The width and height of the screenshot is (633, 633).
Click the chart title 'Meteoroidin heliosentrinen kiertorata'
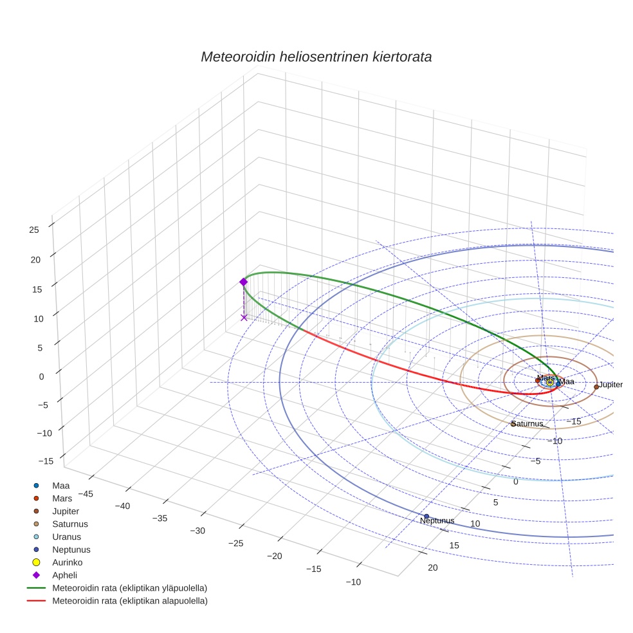click(316, 57)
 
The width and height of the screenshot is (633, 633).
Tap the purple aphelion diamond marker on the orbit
click(243, 282)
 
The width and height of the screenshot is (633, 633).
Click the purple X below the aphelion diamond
click(244, 317)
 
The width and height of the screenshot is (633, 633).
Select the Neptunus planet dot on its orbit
click(427, 516)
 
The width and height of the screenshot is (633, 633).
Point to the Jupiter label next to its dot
click(610, 384)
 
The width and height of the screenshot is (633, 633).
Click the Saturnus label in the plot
click(527, 424)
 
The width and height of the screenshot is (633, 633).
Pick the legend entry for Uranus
click(66, 537)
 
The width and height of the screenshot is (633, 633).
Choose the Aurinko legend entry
click(68, 562)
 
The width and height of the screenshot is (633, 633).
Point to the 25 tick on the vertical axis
click(34, 229)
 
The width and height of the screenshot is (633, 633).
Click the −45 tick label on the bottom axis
click(86, 493)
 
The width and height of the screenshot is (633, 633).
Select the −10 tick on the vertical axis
click(46, 432)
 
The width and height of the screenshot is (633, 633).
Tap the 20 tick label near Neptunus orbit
click(432, 567)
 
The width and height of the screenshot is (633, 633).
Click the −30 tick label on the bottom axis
click(197, 531)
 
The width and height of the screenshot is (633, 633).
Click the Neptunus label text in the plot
click(437, 520)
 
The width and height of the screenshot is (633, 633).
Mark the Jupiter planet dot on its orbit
click(596, 387)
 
